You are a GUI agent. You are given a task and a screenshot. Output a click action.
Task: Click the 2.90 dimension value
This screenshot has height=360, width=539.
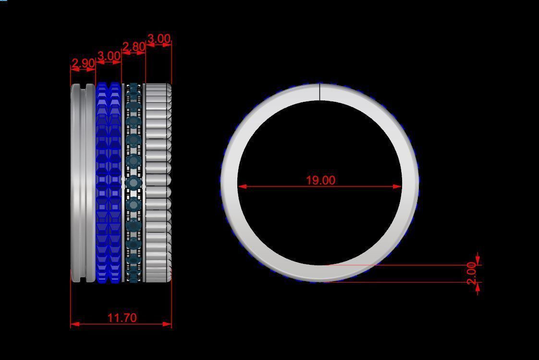tap(83, 63)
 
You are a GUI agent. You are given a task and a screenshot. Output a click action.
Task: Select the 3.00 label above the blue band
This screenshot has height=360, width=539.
tap(109, 56)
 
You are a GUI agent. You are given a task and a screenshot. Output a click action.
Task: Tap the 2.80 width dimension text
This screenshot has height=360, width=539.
tap(134, 47)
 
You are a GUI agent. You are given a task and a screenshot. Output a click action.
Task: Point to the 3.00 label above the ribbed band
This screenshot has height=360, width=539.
tap(159, 38)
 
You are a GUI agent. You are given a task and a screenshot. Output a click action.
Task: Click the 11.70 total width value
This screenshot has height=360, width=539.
tap(122, 318)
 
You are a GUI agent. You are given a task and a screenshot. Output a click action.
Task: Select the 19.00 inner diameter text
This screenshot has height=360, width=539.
tap(320, 180)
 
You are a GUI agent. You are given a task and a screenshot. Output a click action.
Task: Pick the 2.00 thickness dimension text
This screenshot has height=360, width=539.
tap(472, 273)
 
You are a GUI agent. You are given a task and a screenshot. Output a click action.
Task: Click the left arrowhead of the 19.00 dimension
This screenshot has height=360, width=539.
tap(242, 186)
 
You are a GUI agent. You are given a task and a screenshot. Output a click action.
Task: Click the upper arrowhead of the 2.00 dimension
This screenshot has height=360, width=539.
tap(478, 260)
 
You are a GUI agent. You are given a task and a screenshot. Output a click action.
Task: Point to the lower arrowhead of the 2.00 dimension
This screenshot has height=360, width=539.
tap(478, 286)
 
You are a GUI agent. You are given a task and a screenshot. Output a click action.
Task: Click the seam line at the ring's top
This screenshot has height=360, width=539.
tap(320, 92)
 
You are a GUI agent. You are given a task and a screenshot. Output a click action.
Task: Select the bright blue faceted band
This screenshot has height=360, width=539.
tap(109, 183)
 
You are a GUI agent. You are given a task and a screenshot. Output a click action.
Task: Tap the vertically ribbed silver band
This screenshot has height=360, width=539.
tap(158, 183)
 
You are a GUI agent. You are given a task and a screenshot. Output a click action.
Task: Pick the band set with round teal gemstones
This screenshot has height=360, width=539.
tap(133, 183)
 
